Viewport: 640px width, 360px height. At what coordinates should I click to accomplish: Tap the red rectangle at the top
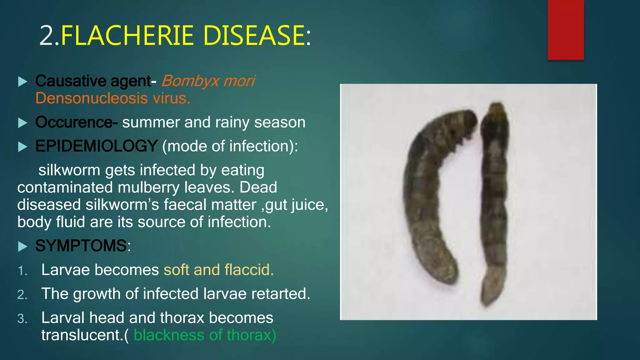click(x=566, y=30)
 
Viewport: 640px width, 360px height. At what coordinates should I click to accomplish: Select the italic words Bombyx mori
click(x=208, y=81)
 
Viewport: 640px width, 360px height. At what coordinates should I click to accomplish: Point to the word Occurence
click(x=74, y=122)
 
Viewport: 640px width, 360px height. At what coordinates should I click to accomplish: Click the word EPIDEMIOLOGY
click(x=96, y=146)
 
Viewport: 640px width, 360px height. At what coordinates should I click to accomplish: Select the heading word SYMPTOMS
click(x=81, y=246)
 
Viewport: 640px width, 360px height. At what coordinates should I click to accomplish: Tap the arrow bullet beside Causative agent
click(x=22, y=82)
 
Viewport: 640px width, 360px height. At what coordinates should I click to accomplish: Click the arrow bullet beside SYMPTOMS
click(x=22, y=247)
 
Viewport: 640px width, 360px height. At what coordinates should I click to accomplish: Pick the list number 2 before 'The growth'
click(x=22, y=295)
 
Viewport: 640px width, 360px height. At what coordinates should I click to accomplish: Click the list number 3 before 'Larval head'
click(x=22, y=319)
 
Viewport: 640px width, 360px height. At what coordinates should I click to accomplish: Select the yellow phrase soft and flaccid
click(x=218, y=270)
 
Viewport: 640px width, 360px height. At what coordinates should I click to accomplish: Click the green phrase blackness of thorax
click(x=205, y=335)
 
